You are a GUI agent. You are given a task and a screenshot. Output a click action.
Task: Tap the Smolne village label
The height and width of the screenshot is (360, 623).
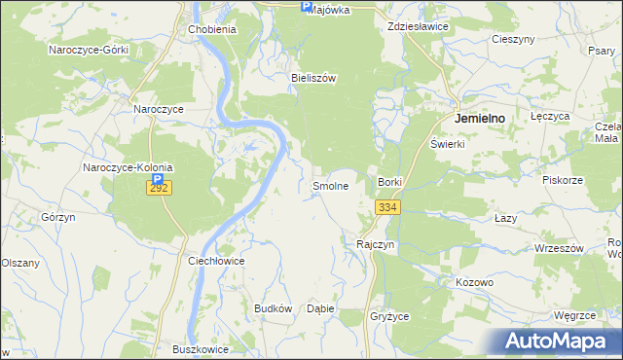[x=330, y=185]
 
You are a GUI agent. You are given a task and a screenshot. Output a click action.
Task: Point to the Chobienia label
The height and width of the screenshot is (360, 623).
[x=212, y=29]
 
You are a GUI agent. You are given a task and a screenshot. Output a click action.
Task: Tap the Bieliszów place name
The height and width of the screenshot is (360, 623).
[x=313, y=79]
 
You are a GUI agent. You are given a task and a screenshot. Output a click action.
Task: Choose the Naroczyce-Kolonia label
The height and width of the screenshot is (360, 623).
[x=128, y=167]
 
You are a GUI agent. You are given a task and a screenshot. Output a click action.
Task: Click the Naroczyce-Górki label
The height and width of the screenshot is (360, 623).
[x=90, y=49]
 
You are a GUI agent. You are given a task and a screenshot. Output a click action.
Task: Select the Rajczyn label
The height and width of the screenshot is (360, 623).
[x=376, y=244]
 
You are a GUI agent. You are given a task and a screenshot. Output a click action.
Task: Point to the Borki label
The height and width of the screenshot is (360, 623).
[x=389, y=182]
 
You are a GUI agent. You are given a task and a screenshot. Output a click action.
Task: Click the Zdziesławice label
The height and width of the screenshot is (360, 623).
[x=418, y=26]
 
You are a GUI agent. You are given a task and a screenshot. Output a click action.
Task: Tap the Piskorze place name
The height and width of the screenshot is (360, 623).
[x=563, y=180]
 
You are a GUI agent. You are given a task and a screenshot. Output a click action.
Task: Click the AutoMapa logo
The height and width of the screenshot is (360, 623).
[x=559, y=341]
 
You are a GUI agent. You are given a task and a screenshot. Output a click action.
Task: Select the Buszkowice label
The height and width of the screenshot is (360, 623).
[x=199, y=348]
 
